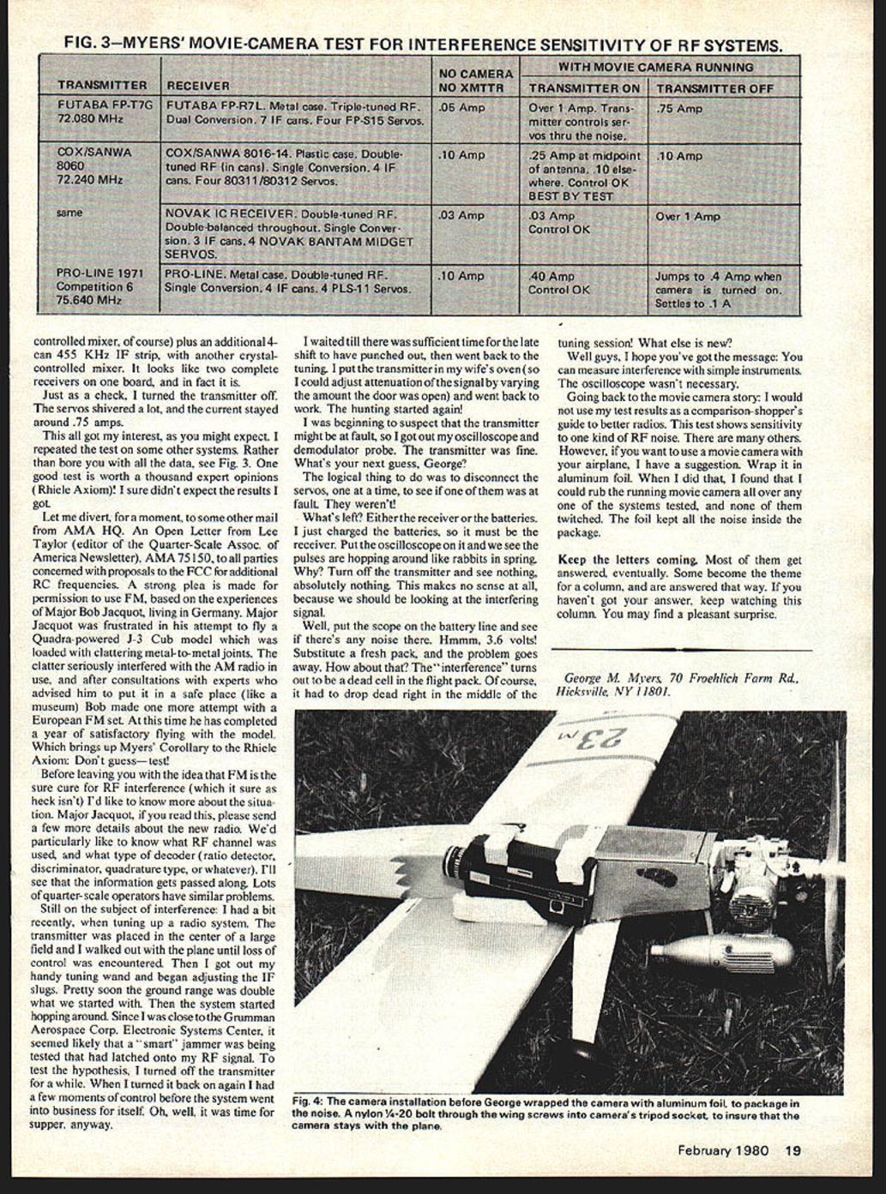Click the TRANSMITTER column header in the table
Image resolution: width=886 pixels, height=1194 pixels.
(101, 86)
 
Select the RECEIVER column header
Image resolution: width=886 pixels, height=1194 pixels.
(198, 86)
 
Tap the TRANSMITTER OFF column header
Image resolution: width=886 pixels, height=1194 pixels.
(715, 88)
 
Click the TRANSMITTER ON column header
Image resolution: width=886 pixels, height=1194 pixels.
(583, 88)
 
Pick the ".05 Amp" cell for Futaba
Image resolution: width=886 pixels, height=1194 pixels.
(462, 108)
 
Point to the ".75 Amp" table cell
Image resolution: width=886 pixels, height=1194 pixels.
(679, 109)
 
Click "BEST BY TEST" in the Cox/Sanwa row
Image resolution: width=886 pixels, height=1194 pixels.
(570, 196)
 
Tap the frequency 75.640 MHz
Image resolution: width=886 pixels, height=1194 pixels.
(88, 301)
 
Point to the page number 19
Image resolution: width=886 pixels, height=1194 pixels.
(793, 1151)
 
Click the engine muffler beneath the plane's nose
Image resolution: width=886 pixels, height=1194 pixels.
(722, 950)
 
